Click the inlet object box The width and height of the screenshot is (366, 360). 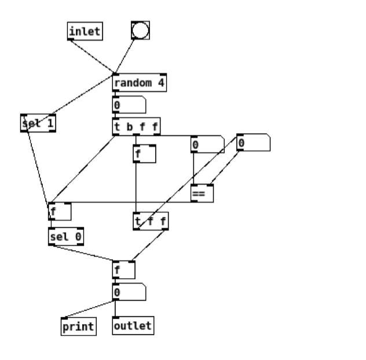85,31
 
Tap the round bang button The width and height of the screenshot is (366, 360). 140,30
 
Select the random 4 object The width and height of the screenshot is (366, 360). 139,83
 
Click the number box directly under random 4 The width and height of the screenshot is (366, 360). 129,105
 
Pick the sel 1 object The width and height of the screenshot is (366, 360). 38,123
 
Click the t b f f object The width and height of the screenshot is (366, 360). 136,126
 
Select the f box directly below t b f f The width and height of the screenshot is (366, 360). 144,154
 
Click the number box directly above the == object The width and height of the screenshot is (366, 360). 207,144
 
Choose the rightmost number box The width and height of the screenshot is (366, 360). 253,142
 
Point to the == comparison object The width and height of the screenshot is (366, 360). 202,193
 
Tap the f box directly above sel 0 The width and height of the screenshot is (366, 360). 60,211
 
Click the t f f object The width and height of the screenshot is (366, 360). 151,221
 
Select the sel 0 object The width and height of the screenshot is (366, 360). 66,236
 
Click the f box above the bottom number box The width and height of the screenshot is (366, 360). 123,270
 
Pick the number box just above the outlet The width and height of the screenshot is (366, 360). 129,292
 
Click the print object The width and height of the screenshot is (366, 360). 78,326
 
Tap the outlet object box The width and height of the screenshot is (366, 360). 133,326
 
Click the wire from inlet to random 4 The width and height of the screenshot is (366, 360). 93,57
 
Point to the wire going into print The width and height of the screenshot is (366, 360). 89,309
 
